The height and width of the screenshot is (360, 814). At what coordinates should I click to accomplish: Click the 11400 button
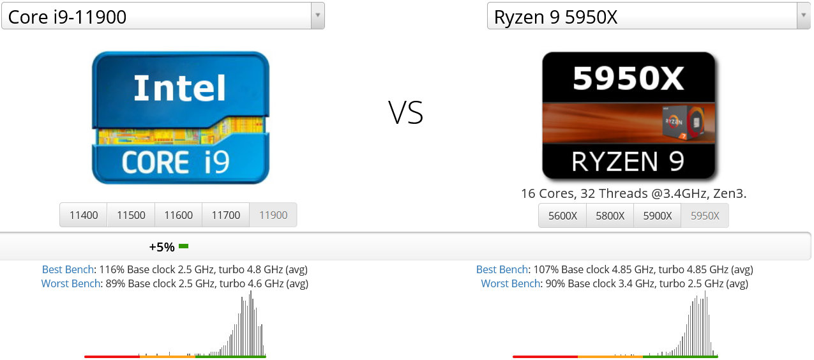click(x=84, y=215)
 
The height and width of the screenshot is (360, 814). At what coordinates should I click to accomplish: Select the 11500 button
click(x=131, y=215)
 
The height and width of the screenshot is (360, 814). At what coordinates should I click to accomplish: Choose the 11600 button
click(x=178, y=215)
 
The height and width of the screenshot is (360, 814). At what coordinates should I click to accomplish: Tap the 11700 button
click(x=225, y=215)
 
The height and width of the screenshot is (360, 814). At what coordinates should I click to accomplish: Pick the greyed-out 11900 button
click(x=273, y=215)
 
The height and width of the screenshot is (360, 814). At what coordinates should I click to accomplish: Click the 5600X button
click(x=562, y=216)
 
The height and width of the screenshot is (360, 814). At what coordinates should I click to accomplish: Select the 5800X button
click(x=610, y=216)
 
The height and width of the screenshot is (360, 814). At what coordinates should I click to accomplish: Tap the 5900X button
click(x=657, y=216)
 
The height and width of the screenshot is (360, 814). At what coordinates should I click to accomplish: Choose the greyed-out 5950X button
click(x=705, y=216)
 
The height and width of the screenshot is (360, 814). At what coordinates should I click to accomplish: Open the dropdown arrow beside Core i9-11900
click(x=317, y=16)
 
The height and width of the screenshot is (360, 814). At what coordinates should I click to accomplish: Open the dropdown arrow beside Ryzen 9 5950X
click(x=803, y=16)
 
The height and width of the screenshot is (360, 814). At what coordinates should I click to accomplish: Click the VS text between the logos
click(x=405, y=113)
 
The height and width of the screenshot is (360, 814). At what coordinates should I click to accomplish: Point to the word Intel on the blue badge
click(x=179, y=89)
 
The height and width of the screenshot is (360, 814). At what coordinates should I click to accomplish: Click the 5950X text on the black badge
click(x=628, y=78)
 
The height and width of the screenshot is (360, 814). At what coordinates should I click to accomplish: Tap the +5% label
click(x=162, y=246)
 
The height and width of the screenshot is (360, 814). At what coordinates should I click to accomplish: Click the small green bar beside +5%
click(x=184, y=246)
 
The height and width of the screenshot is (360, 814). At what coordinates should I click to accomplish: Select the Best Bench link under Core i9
click(x=68, y=269)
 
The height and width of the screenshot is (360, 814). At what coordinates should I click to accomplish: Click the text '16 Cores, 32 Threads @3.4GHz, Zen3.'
click(x=633, y=193)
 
